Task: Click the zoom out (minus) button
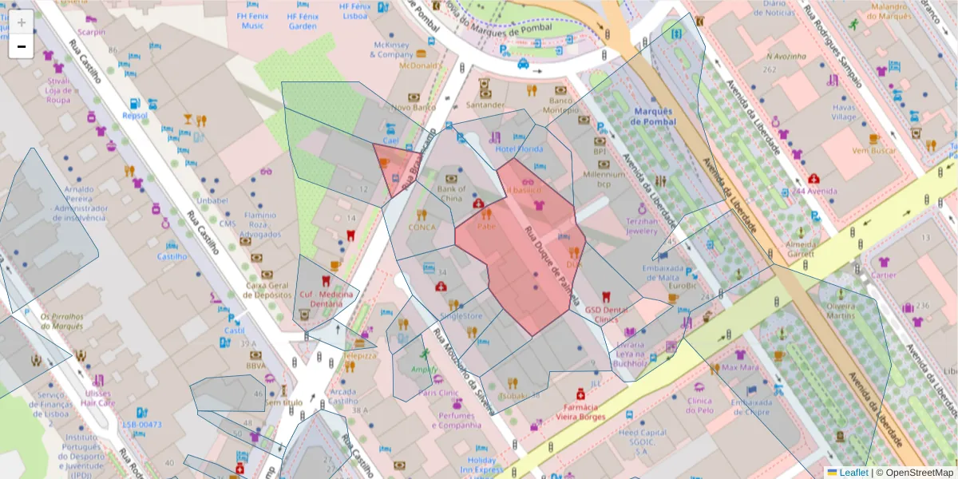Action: [21, 46]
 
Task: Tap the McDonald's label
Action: [421, 65]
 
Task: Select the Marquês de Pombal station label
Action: [653, 117]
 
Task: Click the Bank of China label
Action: [451, 193]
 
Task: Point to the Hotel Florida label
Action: [519, 148]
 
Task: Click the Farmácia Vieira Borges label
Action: [580, 412]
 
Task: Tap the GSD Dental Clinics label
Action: [607, 315]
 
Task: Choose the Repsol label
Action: [135, 115]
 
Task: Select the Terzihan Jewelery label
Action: [642, 225]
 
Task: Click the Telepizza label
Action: [359, 355]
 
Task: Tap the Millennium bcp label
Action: [604, 179]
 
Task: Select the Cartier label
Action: [884, 275]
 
